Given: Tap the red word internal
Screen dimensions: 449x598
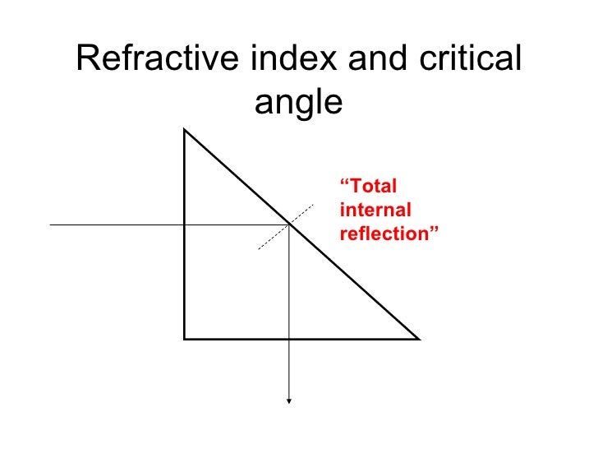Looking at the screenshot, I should pos(375,210).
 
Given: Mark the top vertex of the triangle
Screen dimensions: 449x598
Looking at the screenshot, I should pos(185,129).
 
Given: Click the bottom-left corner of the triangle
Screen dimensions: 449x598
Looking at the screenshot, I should pos(185,338).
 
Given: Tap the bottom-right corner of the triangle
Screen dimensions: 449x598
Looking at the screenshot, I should pos(419,338).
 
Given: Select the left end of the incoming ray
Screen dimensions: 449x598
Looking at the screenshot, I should pos(51,224).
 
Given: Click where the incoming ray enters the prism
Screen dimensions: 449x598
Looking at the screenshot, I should pos(185,224).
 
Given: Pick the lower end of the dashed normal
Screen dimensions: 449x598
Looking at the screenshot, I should pos(259,248).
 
